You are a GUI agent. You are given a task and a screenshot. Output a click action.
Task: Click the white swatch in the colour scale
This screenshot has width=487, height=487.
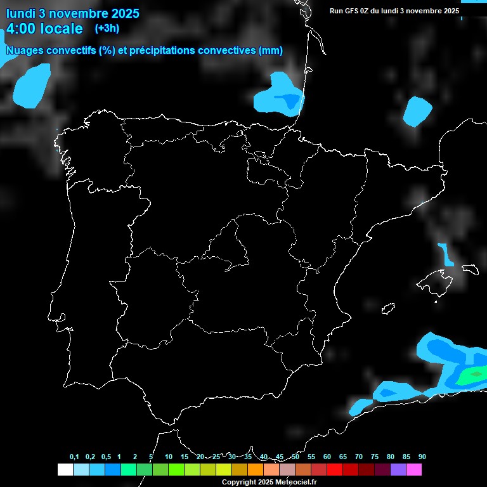pos(65,469)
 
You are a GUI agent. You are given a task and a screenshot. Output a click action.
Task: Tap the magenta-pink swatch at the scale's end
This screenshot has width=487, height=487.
pos(414,469)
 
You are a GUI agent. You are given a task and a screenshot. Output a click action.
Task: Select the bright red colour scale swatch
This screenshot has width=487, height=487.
pos(335,469)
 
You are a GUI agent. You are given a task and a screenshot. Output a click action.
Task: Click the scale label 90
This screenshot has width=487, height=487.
pos(422,457)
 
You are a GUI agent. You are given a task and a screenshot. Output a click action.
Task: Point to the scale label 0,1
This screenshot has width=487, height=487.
pos(74,457)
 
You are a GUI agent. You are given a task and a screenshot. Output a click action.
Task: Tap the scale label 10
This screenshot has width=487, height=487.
pos(169,457)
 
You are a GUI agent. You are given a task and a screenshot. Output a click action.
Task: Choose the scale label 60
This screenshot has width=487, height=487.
pos(327,457)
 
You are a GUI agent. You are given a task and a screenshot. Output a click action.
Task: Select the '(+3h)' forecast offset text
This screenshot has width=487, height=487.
pos(107,29)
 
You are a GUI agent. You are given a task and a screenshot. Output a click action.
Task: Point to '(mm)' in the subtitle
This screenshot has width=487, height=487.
pos(271,51)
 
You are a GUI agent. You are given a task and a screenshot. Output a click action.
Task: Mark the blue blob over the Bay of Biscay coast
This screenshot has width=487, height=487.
pos(280,96)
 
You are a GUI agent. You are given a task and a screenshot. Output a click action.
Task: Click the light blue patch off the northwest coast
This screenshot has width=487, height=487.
pos(32,84)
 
